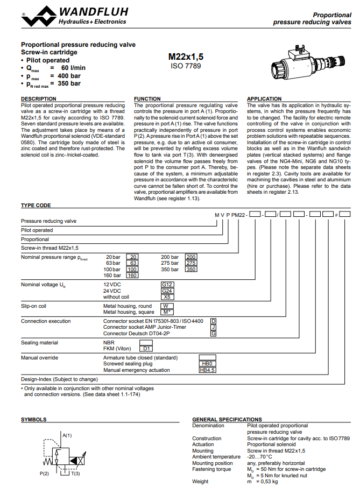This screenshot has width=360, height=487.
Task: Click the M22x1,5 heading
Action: (x=186, y=56)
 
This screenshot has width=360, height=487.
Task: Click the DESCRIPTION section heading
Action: (x=38, y=99)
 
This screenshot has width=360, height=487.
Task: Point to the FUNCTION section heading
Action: (x=147, y=99)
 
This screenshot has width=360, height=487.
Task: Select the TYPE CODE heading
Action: (x=36, y=206)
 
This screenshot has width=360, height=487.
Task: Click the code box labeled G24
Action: (x=167, y=291)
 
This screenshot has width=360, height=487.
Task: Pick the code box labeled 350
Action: (x=191, y=269)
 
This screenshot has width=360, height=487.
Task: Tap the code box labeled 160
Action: (x=132, y=275)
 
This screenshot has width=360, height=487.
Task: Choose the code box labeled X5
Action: (x=167, y=297)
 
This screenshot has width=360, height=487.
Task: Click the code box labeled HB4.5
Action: (x=207, y=370)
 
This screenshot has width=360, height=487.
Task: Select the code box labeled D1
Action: (x=146, y=348)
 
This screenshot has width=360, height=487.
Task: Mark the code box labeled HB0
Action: (x=207, y=364)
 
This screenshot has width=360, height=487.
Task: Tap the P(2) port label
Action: (x=45, y=474)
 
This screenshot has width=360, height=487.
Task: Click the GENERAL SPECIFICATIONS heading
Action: (x=227, y=419)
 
